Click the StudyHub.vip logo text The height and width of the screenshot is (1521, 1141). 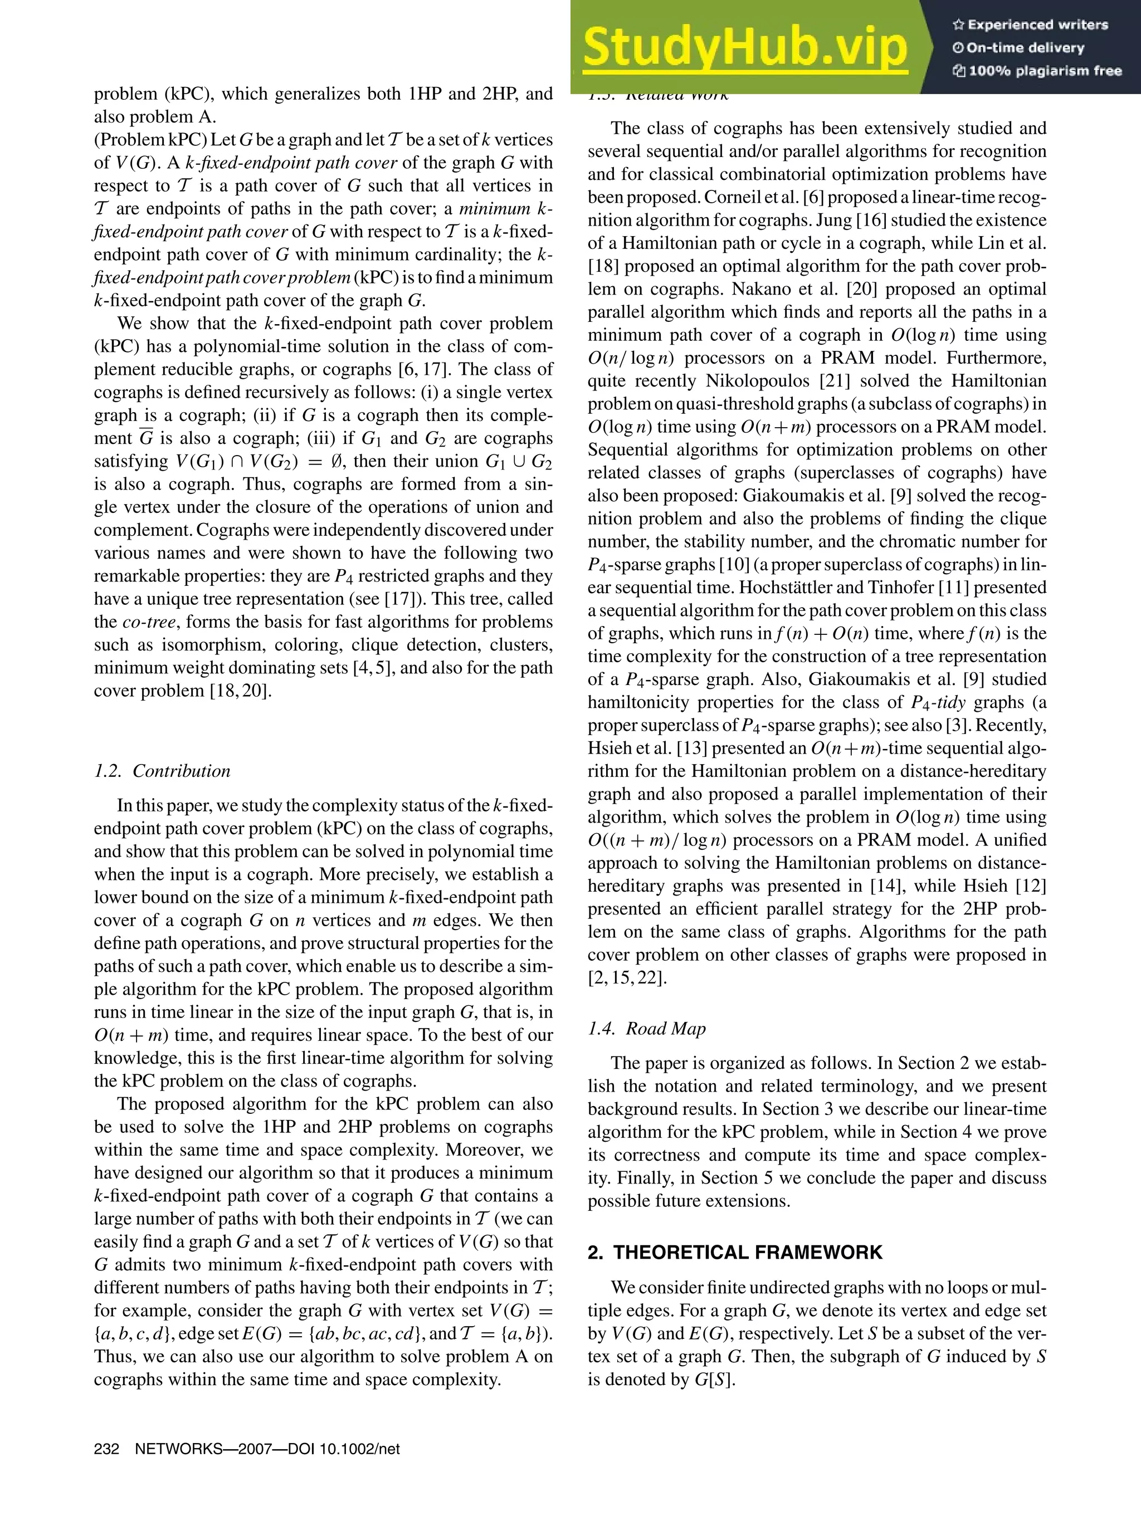point(745,48)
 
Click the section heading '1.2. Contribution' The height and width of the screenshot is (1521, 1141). point(162,771)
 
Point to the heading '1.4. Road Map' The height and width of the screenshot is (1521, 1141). point(646,1029)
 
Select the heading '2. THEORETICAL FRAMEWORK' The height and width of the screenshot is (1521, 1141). point(734,1253)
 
